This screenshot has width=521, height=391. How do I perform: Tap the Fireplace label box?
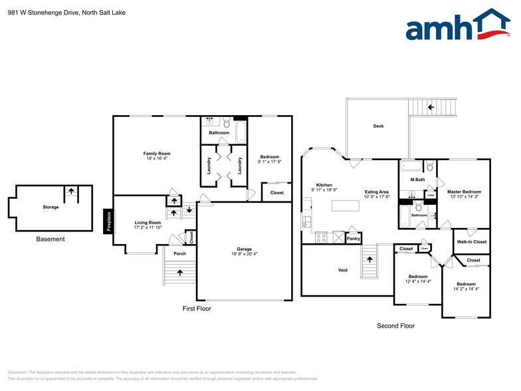click(x=108, y=221)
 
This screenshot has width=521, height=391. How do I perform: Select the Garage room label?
click(x=245, y=248)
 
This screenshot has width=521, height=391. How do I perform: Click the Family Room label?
click(x=157, y=154)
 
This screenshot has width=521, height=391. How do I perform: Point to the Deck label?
click(x=378, y=126)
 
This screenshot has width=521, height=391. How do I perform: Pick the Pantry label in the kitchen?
click(x=354, y=238)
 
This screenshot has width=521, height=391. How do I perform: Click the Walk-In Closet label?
click(x=471, y=241)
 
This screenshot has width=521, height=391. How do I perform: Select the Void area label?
click(x=343, y=270)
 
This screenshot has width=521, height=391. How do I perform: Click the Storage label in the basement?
click(x=51, y=207)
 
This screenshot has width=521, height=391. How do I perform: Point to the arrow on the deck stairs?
click(x=431, y=106)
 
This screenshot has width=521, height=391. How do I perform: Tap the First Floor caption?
click(x=197, y=309)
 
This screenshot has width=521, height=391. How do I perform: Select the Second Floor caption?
click(x=395, y=326)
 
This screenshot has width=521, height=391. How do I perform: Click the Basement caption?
click(x=51, y=239)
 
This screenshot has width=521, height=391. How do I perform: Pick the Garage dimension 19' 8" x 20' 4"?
click(x=245, y=253)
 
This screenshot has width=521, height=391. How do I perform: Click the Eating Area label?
click(x=377, y=192)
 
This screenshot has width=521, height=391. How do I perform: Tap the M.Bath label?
click(x=417, y=180)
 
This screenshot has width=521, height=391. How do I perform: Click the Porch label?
click(x=179, y=253)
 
